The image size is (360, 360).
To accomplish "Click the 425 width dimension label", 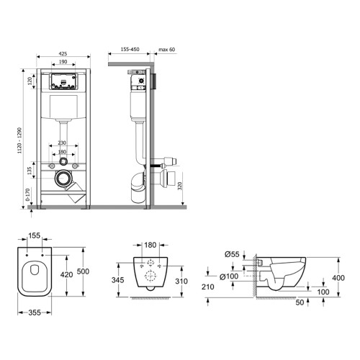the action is [63, 54].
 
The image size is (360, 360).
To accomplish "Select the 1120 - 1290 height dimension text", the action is [20, 140].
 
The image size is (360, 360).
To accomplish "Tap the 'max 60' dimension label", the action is [167, 50].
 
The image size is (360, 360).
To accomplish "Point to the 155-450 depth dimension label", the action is [130, 50].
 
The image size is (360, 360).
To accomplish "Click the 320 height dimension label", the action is [180, 186].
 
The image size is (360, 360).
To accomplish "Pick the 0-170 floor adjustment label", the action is [28, 194].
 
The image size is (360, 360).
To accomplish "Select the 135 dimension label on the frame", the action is [30, 171].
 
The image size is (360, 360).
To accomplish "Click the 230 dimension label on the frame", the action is [62, 143].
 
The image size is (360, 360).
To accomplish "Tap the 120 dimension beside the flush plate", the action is [30, 81].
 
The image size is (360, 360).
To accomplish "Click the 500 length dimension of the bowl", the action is [83, 271].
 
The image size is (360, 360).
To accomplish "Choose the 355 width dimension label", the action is [35, 312].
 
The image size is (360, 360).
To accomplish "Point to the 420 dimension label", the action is [66, 274].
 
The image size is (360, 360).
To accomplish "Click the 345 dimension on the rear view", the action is [118, 280].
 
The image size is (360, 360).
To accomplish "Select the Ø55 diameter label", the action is [232, 254].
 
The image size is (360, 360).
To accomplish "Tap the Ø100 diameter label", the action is [229, 276].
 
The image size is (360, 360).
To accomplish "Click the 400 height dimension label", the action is [338, 278].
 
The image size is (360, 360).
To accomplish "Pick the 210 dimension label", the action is [208, 287].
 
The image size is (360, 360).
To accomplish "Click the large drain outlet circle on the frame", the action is [63, 178].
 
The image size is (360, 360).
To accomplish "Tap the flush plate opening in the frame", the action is [63, 81].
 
